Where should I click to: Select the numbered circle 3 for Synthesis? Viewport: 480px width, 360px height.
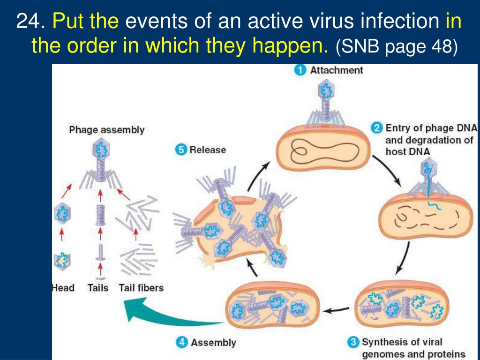point(353,342)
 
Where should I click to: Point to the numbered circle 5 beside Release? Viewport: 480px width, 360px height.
point(180,150)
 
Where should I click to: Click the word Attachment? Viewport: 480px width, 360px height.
point(337,70)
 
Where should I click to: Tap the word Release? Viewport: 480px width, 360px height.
point(208,150)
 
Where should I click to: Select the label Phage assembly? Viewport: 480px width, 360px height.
point(107,130)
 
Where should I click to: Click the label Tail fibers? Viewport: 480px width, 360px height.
point(141,287)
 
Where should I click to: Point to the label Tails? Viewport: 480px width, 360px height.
point(97,287)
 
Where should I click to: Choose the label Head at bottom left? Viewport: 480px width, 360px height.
point(63,287)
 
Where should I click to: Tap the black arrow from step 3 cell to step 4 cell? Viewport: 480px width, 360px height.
point(337,309)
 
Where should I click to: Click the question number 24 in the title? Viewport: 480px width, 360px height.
point(31,22)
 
